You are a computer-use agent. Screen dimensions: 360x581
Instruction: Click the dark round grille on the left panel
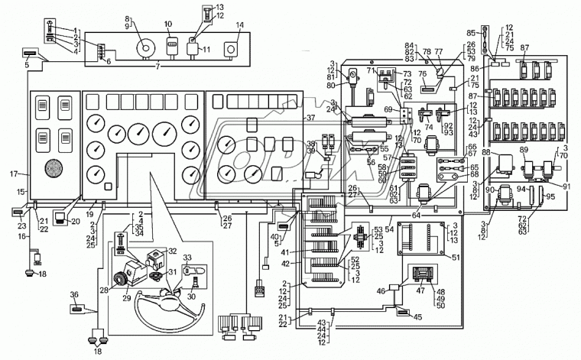[x=54, y=168]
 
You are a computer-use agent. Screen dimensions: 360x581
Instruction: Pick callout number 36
[x=74, y=296]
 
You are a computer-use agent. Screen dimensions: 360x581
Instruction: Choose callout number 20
[x=76, y=222]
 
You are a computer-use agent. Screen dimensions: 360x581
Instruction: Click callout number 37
[x=311, y=118]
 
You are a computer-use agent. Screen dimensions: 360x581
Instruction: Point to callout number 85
[x=472, y=33]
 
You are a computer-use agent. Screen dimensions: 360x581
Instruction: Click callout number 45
[x=417, y=317]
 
